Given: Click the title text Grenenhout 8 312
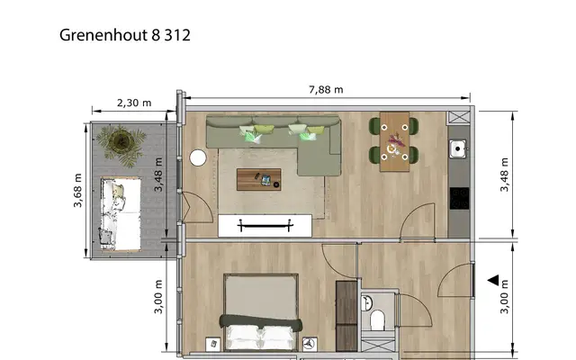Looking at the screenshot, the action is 125,35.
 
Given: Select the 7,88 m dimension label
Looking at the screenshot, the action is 326,90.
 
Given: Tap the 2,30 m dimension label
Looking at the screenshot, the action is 134,103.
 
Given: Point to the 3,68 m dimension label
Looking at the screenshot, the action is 78,190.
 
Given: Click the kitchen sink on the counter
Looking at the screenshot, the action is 458,148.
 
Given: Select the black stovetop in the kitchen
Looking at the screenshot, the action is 460,198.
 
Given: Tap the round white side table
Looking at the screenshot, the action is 198,157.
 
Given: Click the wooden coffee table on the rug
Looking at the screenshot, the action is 259,180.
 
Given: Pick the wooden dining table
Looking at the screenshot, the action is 394,142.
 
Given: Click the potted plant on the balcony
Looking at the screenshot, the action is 121,145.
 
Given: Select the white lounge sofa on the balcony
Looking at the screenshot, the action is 121,214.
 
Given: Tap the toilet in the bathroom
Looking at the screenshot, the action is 377,320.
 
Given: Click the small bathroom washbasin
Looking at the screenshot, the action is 366,304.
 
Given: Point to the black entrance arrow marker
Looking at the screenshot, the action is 493,280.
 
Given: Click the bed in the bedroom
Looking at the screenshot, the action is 261,312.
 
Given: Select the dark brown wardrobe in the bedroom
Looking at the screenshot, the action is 346,316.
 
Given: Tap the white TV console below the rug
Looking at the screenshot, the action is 265,226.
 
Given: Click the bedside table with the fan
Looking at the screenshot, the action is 310,344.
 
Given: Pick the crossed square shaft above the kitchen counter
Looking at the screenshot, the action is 458,118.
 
